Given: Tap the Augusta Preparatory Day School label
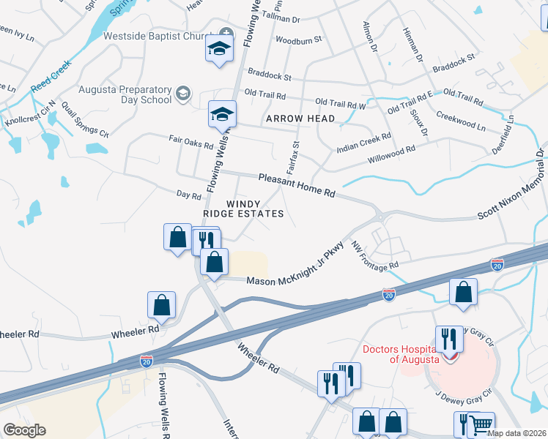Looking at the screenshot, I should coord(126,93).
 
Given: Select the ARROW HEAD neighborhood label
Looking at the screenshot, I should coord(300,119).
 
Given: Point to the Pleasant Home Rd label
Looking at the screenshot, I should coord(297,186).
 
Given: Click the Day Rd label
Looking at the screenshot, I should coord(189,195).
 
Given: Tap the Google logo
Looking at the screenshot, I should coord(24,429).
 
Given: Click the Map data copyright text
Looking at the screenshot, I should coord(516,433).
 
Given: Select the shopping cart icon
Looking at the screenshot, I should coord(481,424).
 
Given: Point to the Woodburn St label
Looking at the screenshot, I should coord(298,40).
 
